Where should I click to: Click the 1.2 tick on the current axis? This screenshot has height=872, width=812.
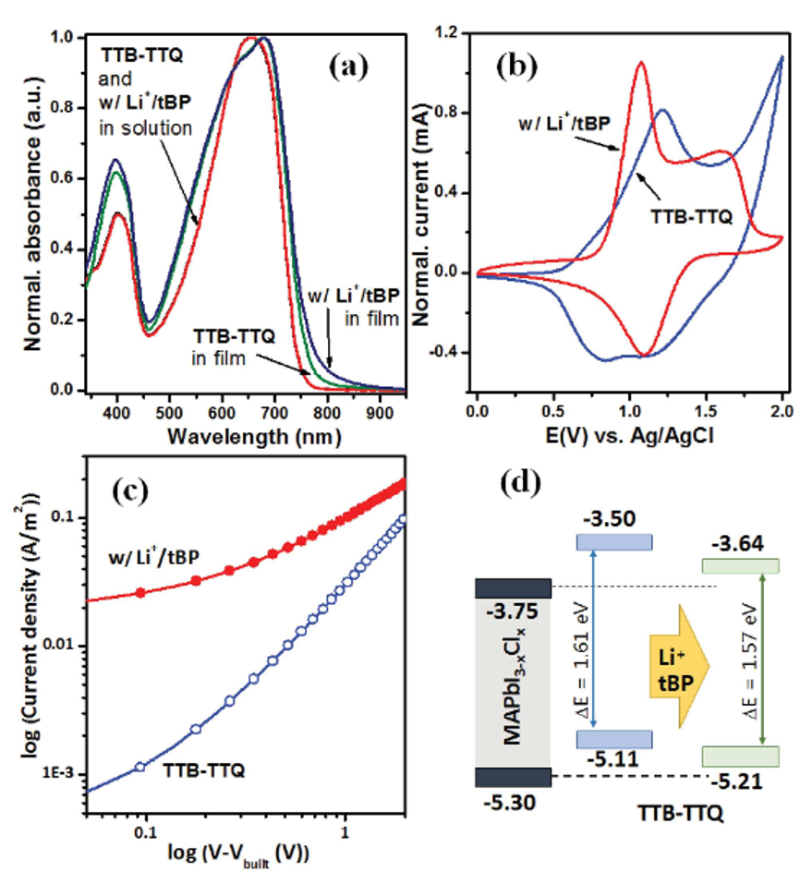pos(451,34)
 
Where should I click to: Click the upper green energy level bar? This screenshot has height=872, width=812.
pos(741,565)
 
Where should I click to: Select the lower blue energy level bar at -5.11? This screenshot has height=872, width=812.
pos(615,739)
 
